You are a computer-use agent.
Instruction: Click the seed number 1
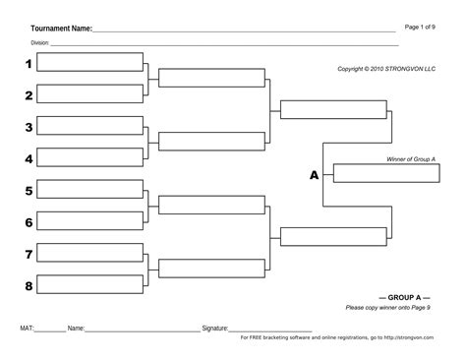pyautogui.click(x=29, y=64)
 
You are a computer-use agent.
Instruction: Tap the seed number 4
pyautogui.click(x=29, y=158)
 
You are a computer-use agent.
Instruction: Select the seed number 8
pyautogui.click(x=29, y=286)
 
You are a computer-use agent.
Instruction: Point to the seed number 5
pyautogui.click(x=29, y=191)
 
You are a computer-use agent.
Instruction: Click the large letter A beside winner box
pyautogui.click(x=315, y=175)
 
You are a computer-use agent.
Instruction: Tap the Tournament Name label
pyautogui.click(x=61, y=29)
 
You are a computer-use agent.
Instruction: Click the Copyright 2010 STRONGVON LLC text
pyautogui.click(x=384, y=69)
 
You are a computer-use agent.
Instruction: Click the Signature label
pyautogui.click(x=214, y=328)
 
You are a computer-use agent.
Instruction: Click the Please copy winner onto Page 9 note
pyautogui.click(x=388, y=307)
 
